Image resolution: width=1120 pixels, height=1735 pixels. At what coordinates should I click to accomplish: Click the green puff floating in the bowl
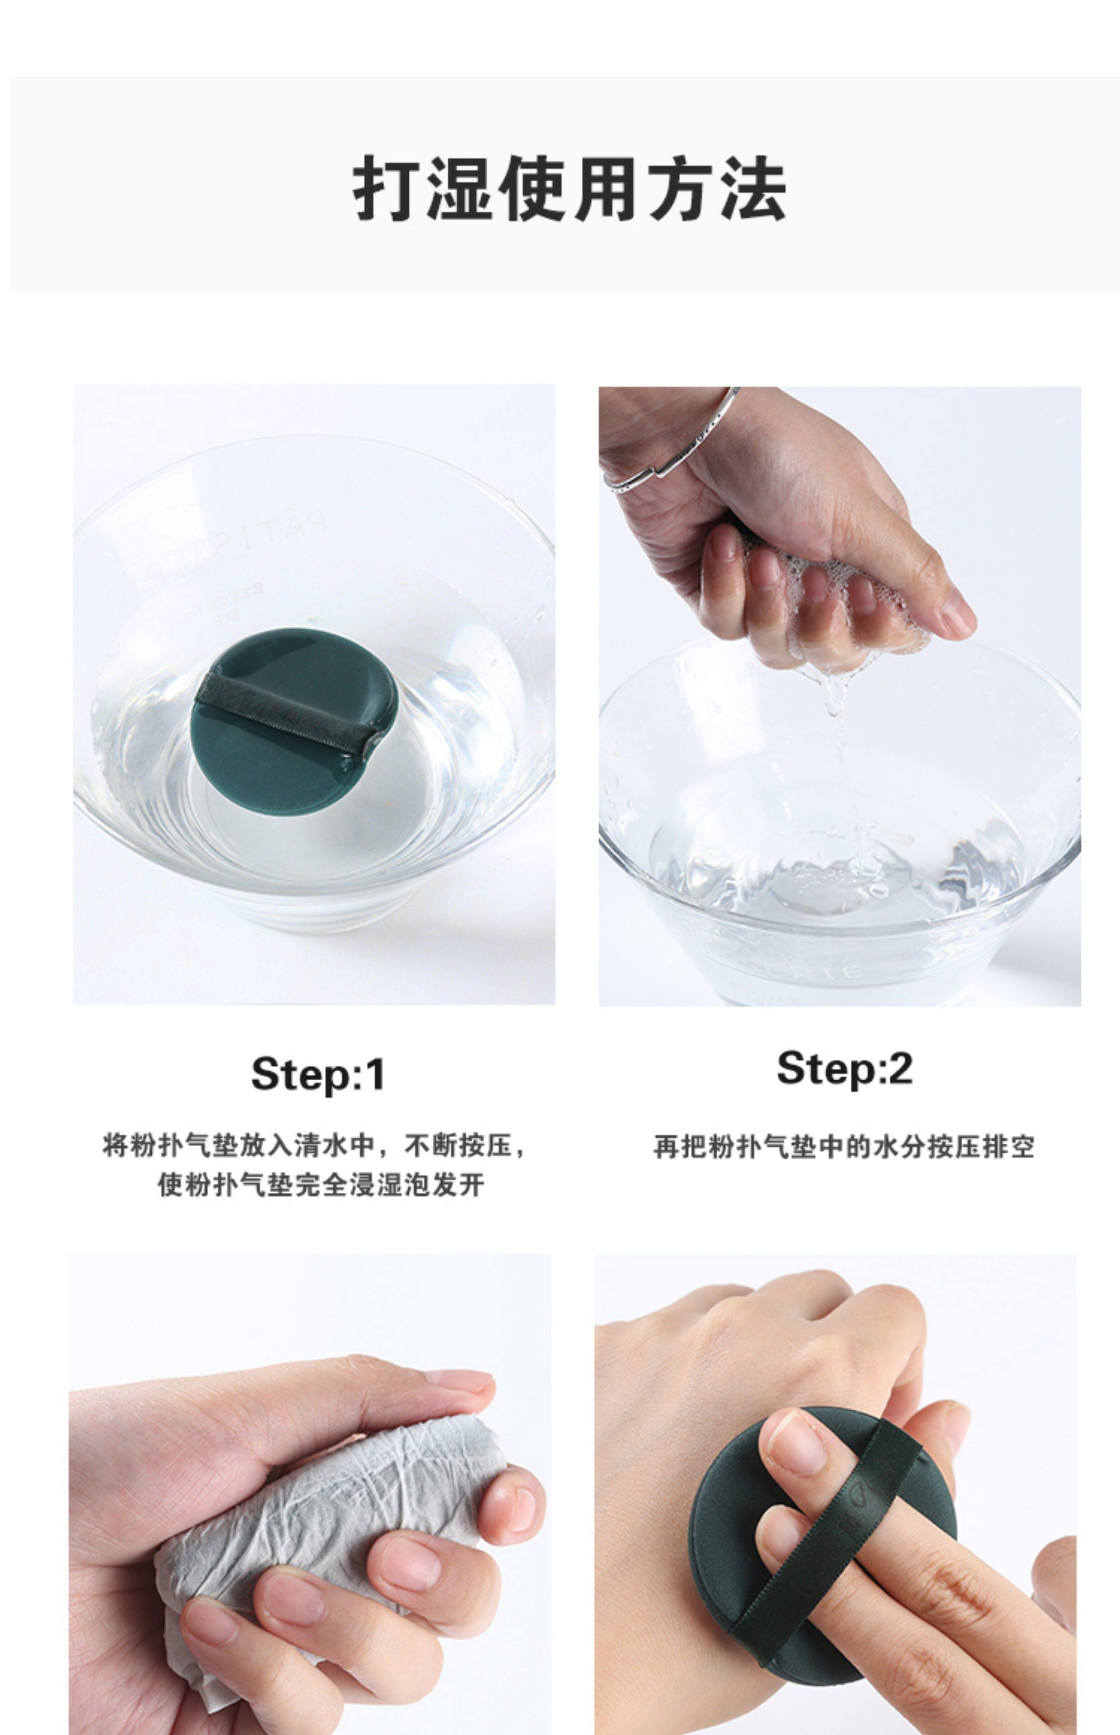pyautogui.click(x=294, y=722)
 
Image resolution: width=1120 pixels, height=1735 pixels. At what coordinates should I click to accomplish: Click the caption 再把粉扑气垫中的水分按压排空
pyautogui.click(x=844, y=1146)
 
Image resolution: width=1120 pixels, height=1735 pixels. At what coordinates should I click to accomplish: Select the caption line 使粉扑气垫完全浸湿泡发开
pyautogui.click(x=321, y=1185)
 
